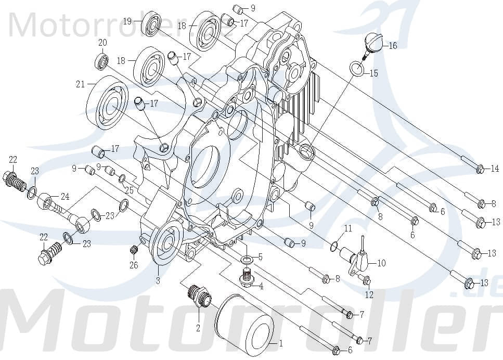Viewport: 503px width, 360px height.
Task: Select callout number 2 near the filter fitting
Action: point(198,328)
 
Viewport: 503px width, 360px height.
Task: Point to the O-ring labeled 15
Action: point(356,68)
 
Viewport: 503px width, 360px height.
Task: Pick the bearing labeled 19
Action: point(152,23)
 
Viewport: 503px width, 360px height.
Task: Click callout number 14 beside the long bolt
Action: point(495,169)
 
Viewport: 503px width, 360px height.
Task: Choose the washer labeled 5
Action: point(247,259)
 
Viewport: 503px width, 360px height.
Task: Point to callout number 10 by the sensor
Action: point(381,263)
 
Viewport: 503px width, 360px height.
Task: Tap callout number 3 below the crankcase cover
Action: point(158,281)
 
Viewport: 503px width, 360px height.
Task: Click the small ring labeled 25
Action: point(122,179)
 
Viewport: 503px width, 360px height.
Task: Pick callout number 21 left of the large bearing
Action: point(80,84)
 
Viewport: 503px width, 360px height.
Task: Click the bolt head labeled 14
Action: point(481,169)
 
